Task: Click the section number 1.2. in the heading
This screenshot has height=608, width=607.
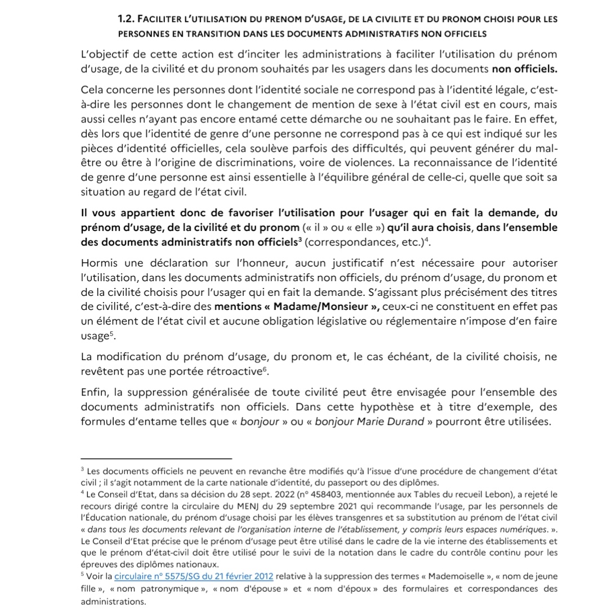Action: coord(128,19)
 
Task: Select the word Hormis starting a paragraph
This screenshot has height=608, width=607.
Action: coord(100,263)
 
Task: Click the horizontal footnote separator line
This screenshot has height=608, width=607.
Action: coord(157,458)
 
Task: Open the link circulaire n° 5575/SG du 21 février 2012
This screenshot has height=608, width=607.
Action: coord(194,576)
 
